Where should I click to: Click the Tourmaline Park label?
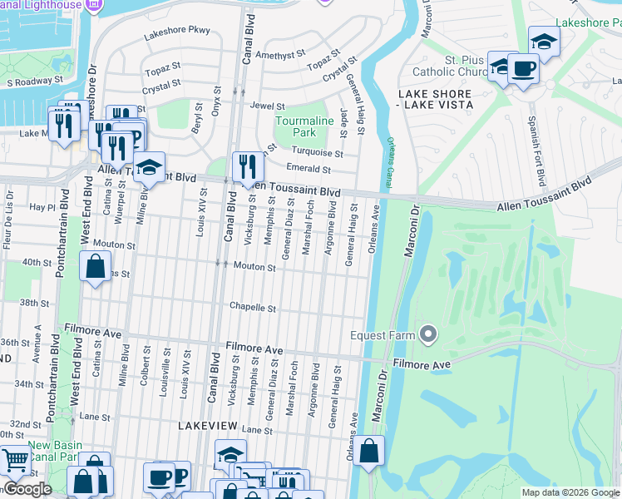[304, 126]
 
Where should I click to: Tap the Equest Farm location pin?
[428, 334]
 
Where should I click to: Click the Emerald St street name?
[309, 170]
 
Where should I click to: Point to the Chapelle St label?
[253, 308]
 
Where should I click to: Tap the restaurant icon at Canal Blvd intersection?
[248, 166]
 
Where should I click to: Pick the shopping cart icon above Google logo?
[14, 459]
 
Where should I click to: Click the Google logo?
[28, 489]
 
